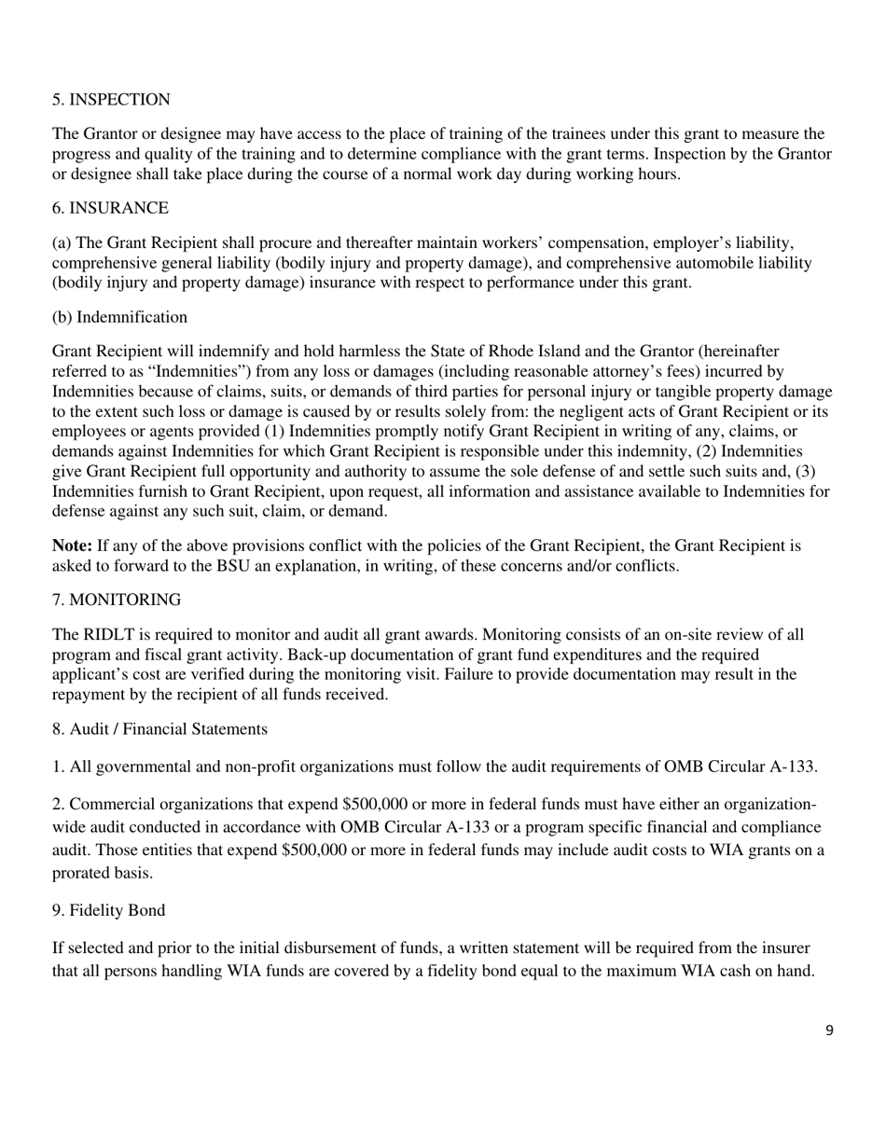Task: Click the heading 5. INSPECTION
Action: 111,100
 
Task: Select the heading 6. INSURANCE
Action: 110,208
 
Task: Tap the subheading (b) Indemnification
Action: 119,317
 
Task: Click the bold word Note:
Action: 72,546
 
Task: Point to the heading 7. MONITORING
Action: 117,599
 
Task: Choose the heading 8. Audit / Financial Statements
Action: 159,729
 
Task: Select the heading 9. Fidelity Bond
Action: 108,910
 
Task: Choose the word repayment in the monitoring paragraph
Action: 90,694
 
